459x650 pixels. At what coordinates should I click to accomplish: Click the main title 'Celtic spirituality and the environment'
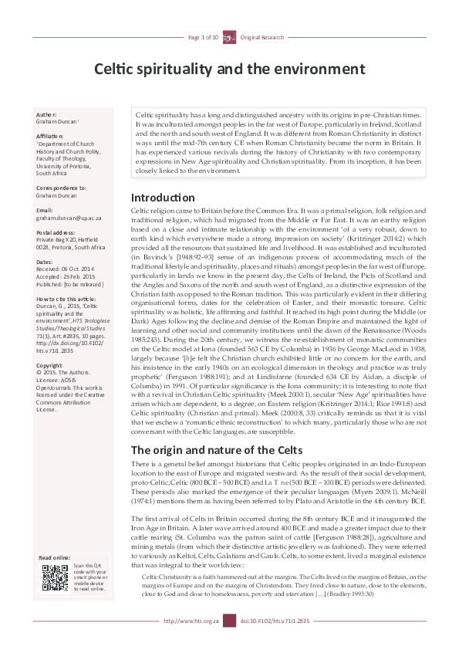tap(229, 69)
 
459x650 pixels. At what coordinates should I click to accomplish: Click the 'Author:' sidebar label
tap(46, 113)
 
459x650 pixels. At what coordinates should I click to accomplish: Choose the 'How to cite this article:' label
tap(66, 298)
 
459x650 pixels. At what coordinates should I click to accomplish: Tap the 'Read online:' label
tap(56, 557)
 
